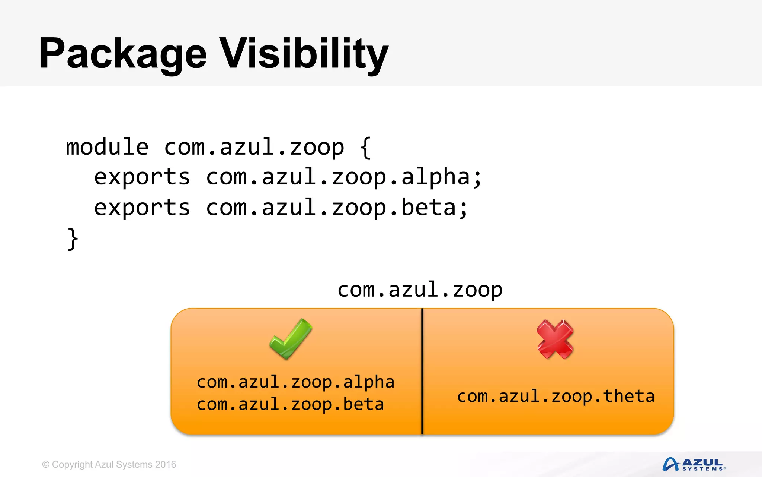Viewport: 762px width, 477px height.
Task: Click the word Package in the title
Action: tap(123, 54)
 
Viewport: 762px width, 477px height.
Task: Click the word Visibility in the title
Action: tap(304, 54)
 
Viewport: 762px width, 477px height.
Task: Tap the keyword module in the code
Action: tap(107, 147)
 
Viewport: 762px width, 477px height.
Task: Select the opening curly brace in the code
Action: tap(365, 148)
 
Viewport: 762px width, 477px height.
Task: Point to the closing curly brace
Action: tap(73, 239)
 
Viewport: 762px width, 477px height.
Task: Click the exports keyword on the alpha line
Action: tap(142, 177)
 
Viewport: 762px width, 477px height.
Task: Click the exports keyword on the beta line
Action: tap(142, 208)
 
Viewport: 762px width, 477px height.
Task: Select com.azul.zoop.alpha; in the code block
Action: tap(344, 177)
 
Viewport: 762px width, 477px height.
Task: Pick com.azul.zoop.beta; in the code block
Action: tap(337, 208)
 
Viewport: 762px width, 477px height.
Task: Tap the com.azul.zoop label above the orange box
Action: tap(420, 290)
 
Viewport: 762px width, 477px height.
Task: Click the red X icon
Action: tap(555, 339)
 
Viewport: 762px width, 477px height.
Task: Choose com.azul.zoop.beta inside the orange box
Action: tap(290, 405)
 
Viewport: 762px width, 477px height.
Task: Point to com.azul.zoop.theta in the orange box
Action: tap(556, 397)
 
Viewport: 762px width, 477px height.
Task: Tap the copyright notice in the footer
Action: tap(109, 465)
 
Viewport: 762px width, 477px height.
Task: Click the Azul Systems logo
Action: tap(694, 464)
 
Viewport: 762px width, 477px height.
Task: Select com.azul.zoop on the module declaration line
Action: tap(254, 147)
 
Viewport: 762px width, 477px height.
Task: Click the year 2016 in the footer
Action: tap(166, 465)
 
